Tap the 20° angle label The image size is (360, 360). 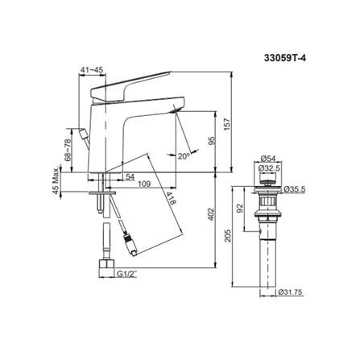click(184, 156)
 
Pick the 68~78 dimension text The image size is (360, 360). click(68, 150)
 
